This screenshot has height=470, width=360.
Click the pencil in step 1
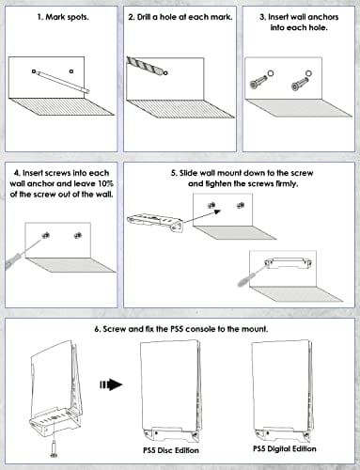pos(62,82)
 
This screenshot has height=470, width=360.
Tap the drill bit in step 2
pos(146,65)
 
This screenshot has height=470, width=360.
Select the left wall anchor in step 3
pos(258,82)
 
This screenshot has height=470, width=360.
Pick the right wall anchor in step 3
pos(300,83)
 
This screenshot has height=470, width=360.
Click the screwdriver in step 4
pos(25,253)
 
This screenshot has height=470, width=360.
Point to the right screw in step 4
pos(77,235)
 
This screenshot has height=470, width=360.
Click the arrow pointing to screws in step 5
pos(201,216)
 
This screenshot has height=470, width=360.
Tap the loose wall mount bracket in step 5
pos(155,222)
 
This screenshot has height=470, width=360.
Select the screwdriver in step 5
pos(252,275)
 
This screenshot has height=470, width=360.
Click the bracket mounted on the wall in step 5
pos(288,263)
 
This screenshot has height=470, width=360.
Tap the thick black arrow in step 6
pos(111,384)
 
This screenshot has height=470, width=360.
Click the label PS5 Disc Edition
pos(171,450)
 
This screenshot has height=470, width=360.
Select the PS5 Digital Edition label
pos(285,448)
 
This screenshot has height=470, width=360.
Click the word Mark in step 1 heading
pos(54,17)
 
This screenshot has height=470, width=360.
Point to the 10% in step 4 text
pos(106,183)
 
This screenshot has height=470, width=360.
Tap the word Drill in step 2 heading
pos(144,17)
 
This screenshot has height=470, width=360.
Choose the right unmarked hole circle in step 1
pos(71,71)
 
